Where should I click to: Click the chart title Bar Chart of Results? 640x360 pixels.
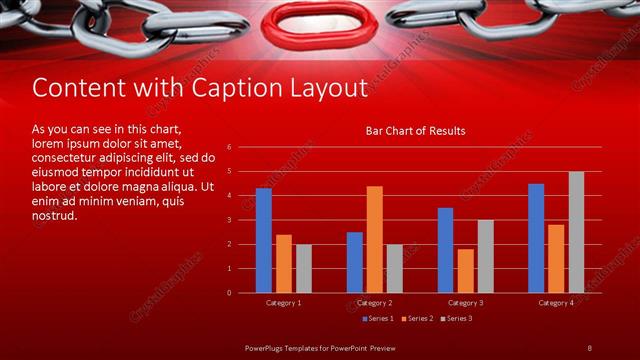(x=415, y=131)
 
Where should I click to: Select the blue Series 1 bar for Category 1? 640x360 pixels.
(x=264, y=240)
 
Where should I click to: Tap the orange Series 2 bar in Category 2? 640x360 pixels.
(x=374, y=239)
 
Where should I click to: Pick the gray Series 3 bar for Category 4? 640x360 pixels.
(x=577, y=232)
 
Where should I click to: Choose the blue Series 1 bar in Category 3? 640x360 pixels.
(x=445, y=250)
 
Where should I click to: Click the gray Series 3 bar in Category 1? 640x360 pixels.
(x=304, y=268)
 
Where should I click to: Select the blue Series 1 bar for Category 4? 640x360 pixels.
(x=536, y=238)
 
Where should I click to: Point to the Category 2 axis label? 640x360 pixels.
(x=374, y=302)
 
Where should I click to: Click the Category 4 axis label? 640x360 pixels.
(x=556, y=302)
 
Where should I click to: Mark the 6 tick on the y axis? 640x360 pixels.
(x=230, y=148)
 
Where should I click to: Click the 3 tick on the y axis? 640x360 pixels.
(x=230, y=220)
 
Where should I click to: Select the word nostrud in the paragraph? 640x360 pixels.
(x=54, y=215)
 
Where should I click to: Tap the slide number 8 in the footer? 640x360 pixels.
(x=589, y=347)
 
